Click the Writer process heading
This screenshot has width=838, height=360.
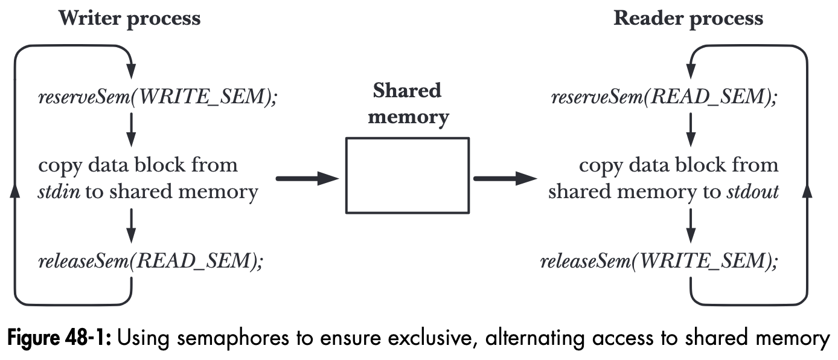point(129,18)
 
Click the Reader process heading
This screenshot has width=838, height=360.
point(688,18)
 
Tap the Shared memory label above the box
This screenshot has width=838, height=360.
point(408,103)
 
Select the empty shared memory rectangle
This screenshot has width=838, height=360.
point(407,175)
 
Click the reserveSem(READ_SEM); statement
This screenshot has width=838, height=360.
point(664,97)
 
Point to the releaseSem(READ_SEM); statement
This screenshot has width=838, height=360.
point(151,261)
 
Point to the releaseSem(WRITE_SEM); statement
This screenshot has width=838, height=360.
point(659,261)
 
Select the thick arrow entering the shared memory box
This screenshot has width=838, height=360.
point(307,178)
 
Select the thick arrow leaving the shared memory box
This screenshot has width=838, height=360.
point(505,178)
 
